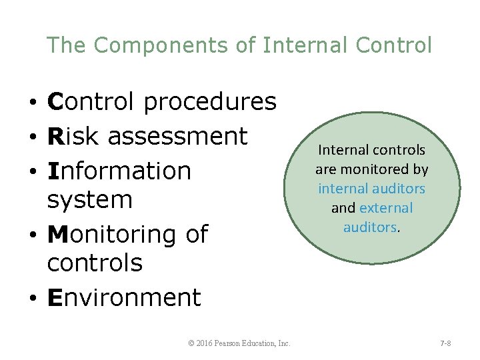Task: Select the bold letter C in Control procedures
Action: coord(55,102)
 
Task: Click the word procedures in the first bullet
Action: coord(209,102)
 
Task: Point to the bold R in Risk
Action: coord(55,136)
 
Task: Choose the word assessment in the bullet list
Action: coord(177,136)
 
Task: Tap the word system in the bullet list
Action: coord(90,199)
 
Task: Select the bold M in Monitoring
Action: coord(57,234)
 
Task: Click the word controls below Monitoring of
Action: coord(95,263)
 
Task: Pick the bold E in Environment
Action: coord(55,297)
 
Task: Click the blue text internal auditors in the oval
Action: coord(371,189)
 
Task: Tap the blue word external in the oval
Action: coord(386,208)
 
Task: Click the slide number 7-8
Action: coord(445,343)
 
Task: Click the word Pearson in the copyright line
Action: coord(234,343)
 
